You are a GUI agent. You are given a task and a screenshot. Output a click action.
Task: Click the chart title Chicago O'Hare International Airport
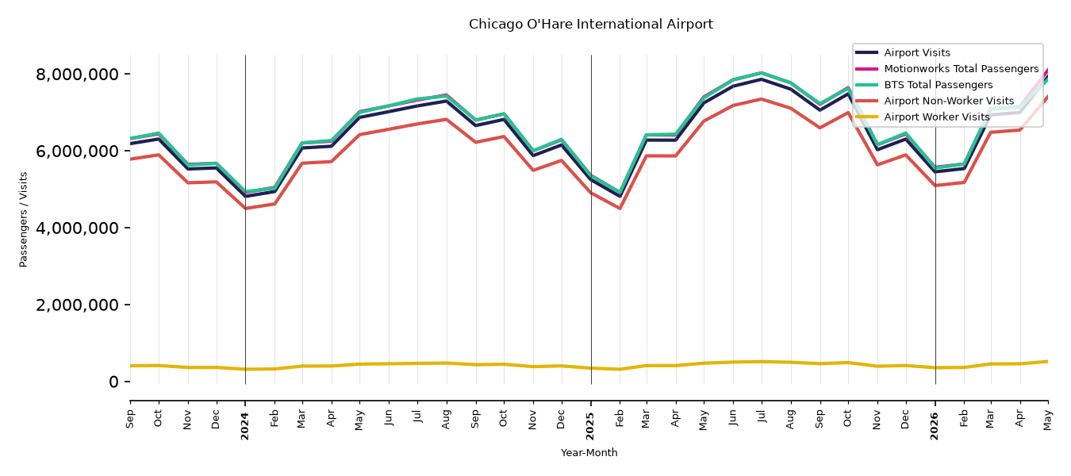click(590, 24)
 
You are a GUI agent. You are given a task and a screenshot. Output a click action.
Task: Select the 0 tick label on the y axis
click(113, 382)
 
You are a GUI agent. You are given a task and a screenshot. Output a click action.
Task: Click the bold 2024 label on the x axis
click(245, 426)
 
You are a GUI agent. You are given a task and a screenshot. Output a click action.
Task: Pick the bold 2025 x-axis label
click(590, 426)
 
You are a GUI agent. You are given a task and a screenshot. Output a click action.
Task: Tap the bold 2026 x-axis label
click(935, 426)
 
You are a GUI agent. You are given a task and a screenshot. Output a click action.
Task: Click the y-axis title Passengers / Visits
click(23, 220)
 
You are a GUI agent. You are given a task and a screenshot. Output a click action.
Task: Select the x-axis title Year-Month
click(589, 452)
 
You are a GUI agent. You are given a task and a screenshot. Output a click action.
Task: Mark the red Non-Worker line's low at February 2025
click(620, 209)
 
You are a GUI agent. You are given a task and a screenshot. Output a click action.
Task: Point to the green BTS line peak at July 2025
click(761, 73)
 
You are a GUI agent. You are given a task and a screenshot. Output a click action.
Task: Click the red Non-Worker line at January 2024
click(245, 209)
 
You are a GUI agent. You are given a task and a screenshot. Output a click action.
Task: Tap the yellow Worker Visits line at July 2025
click(761, 362)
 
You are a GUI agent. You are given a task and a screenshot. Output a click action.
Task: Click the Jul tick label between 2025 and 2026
click(761, 416)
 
